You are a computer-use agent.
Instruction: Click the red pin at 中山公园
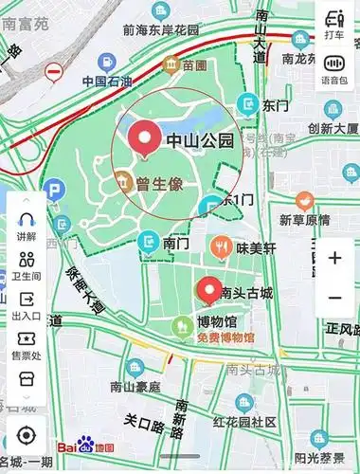145,139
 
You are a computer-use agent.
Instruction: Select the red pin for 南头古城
208,289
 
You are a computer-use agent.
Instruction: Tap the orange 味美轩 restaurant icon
222,247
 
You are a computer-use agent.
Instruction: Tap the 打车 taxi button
333,24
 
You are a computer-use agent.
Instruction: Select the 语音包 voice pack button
333,69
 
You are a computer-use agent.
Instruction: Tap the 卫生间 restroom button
27,266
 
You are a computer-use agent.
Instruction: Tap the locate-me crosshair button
27,435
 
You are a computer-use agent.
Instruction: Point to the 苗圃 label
194,65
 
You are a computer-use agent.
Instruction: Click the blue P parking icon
56,191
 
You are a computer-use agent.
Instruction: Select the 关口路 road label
145,419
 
